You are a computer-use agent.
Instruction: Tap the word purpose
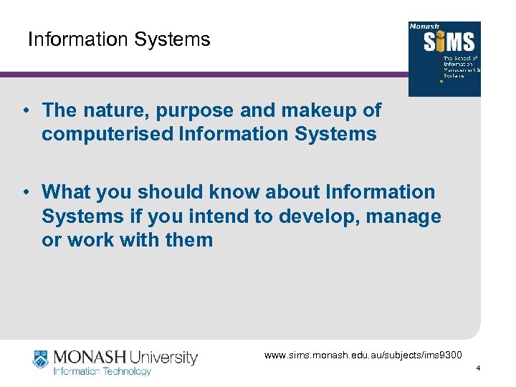(x=188, y=110)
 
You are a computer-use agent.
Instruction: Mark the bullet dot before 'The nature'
(x=24, y=111)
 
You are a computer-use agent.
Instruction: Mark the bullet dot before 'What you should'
(x=24, y=192)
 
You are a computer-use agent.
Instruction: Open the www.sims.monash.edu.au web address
(x=363, y=355)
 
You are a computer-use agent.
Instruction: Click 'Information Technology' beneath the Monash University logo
(x=102, y=371)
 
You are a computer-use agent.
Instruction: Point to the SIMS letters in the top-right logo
(x=445, y=42)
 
